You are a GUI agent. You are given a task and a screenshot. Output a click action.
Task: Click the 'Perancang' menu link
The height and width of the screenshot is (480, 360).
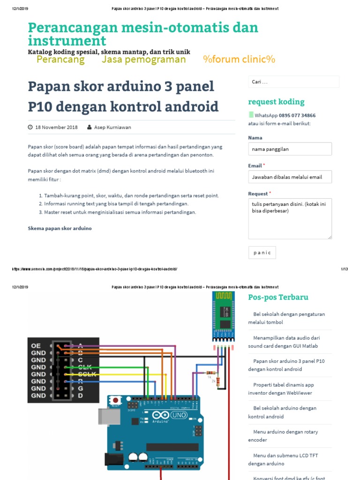click(60, 60)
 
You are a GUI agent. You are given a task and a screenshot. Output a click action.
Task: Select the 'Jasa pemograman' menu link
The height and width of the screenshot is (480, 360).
click(143, 60)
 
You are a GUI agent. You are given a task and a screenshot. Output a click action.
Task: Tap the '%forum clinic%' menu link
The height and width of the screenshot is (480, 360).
click(239, 60)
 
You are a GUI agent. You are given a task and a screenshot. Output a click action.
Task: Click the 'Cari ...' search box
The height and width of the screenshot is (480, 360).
click(293, 82)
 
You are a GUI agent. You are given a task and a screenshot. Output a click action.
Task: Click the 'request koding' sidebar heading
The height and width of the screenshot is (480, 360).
click(276, 102)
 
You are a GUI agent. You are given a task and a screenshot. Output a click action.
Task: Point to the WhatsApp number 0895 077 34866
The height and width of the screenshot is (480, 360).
click(297, 115)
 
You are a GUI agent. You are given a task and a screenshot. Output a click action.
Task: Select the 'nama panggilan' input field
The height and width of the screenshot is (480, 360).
click(290, 149)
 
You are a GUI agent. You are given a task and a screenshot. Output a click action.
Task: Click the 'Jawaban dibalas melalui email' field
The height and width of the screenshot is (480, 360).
click(290, 177)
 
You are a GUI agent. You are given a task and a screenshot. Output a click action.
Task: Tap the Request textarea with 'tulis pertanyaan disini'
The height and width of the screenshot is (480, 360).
click(290, 218)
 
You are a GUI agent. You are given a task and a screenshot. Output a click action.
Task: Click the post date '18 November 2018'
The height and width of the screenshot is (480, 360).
click(56, 127)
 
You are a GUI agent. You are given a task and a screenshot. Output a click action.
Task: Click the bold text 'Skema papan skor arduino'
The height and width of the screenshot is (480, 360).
click(60, 228)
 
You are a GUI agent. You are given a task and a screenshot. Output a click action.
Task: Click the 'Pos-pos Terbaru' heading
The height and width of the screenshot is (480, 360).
click(278, 297)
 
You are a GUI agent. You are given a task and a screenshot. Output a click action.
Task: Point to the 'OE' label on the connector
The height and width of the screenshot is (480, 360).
click(36, 345)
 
